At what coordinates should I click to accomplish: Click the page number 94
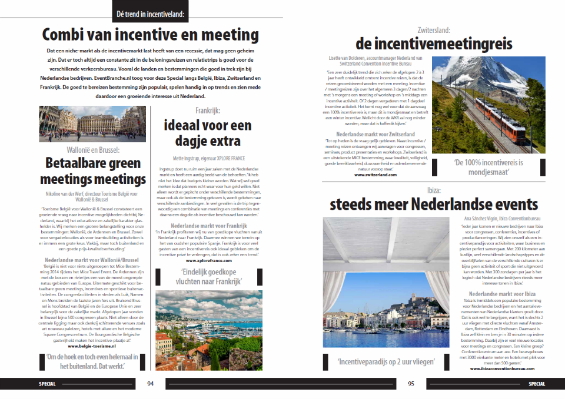click(x=151, y=384)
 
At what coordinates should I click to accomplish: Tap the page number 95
click(x=411, y=384)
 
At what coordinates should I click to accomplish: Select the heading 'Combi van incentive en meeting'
click(x=151, y=33)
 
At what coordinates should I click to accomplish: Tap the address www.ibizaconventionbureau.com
click(x=502, y=368)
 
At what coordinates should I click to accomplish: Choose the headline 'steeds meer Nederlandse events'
click(x=434, y=204)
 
